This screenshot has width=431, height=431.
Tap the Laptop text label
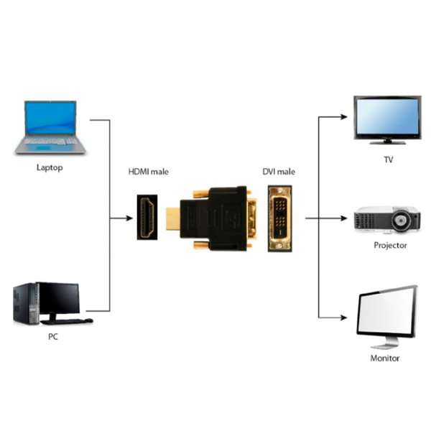point(50,168)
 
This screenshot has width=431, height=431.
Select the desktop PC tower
point(24,304)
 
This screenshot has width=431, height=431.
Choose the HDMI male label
point(148,172)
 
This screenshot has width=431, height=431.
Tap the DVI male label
point(279,172)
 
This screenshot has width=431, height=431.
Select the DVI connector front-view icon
point(279,218)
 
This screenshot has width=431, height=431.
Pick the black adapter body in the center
point(215,215)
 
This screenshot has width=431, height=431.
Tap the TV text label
point(389,159)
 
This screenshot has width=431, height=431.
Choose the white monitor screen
point(386,314)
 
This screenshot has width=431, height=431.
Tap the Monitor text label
point(385,358)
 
